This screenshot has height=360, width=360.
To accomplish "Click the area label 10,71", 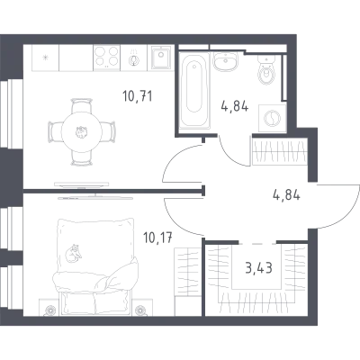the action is click(x=138, y=96).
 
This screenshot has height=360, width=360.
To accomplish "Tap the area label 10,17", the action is click(x=158, y=238).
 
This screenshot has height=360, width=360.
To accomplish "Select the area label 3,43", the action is click(x=258, y=268).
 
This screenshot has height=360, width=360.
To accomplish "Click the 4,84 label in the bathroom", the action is click(x=235, y=106).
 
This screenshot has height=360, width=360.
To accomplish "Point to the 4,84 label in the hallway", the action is click(x=286, y=195).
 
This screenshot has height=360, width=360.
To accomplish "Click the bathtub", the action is click(x=194, y=91).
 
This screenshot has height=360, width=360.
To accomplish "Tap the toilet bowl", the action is click(x=266, y=71).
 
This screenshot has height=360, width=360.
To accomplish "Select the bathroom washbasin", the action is click(x=225, y=61).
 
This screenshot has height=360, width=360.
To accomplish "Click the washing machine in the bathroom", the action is click(x=272, y=118).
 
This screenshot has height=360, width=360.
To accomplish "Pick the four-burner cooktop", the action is click(x=106, y=57).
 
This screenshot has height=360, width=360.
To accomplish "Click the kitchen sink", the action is click(x=161, y=58).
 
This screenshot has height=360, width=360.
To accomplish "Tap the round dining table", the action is click(x=81, y=132).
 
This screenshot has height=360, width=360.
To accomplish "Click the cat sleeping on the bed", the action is click(x=73, y=254).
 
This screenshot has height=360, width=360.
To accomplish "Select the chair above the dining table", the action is click(x=81, y=105).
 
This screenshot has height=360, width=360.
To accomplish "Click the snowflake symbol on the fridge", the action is click(x=45, y=57).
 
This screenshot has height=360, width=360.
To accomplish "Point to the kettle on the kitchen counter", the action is click(x=134, y=58).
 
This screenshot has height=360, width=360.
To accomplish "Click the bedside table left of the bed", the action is click(x=49, y=307).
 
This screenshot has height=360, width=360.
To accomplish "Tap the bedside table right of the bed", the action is click(x=140, y=307).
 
